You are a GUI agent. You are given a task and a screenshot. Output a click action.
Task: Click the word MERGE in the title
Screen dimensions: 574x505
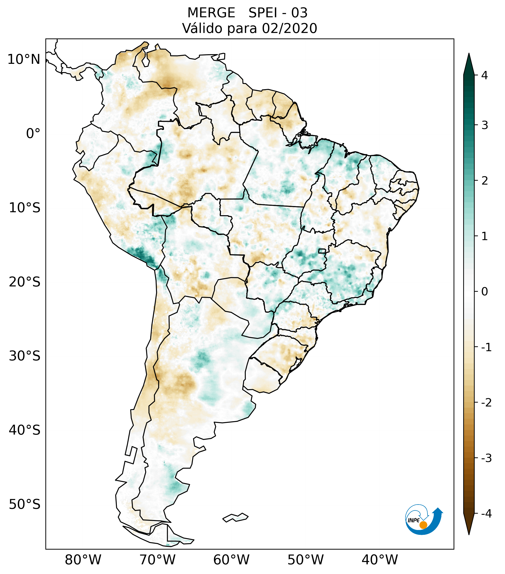tap(211, 13)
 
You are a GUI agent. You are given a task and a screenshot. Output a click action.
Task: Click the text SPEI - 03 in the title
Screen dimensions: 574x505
tap(278, 13)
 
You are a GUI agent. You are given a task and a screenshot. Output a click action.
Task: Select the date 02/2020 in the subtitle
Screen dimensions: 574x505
tap(289, 28)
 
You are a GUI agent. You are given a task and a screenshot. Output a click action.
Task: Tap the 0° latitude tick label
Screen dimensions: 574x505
tap(33, 134)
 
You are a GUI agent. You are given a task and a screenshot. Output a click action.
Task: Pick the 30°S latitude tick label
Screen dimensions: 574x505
tap(25, 356)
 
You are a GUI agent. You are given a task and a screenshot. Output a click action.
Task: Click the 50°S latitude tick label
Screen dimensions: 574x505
tap(25, 505)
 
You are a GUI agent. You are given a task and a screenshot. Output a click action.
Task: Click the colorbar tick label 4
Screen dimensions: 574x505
tap(484, 75)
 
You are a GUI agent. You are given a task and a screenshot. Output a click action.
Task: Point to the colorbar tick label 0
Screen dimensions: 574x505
tap(484, 291)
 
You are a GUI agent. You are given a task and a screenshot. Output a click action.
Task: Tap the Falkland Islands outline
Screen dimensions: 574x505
tap(235, 517)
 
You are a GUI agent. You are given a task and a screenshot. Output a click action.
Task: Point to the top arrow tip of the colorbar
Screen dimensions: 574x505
tap(469, 53)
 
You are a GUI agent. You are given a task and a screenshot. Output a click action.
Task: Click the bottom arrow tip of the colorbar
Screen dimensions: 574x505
tap(469, 534)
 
